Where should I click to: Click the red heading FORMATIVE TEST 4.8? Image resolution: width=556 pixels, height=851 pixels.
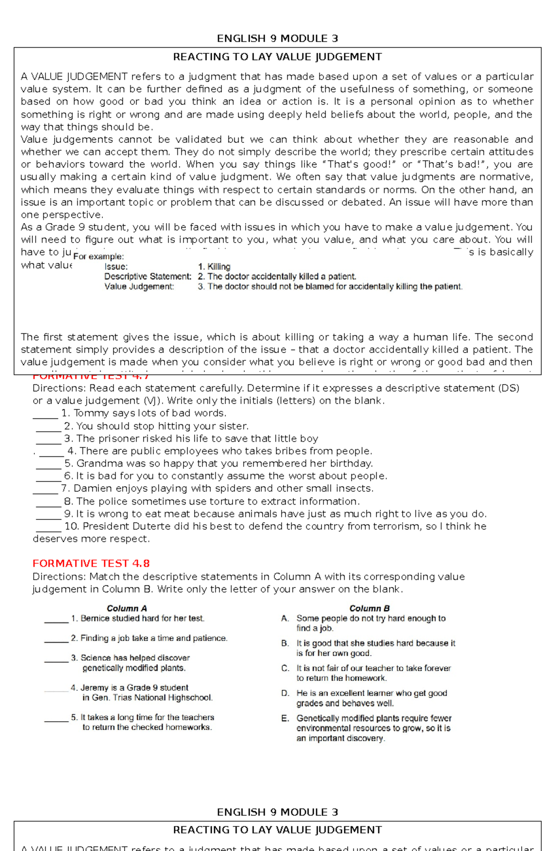click(91, 563)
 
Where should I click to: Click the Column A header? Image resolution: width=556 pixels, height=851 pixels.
click(126, 608)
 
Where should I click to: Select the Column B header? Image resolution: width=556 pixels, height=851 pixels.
click(369, 608)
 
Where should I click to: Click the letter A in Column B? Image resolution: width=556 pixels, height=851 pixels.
click(284, 618)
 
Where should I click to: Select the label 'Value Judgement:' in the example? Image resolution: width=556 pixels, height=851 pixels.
click(139, 287)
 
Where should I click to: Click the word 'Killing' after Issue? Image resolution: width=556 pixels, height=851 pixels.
click(219, 267)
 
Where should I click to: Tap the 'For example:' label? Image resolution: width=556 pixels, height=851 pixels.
click(98, 256)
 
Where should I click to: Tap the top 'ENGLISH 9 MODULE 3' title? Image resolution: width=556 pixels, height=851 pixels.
click(277, 38)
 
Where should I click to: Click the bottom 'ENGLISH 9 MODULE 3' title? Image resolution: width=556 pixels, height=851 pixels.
click(277, 812)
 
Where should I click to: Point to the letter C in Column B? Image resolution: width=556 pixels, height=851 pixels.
click(285, 668)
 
